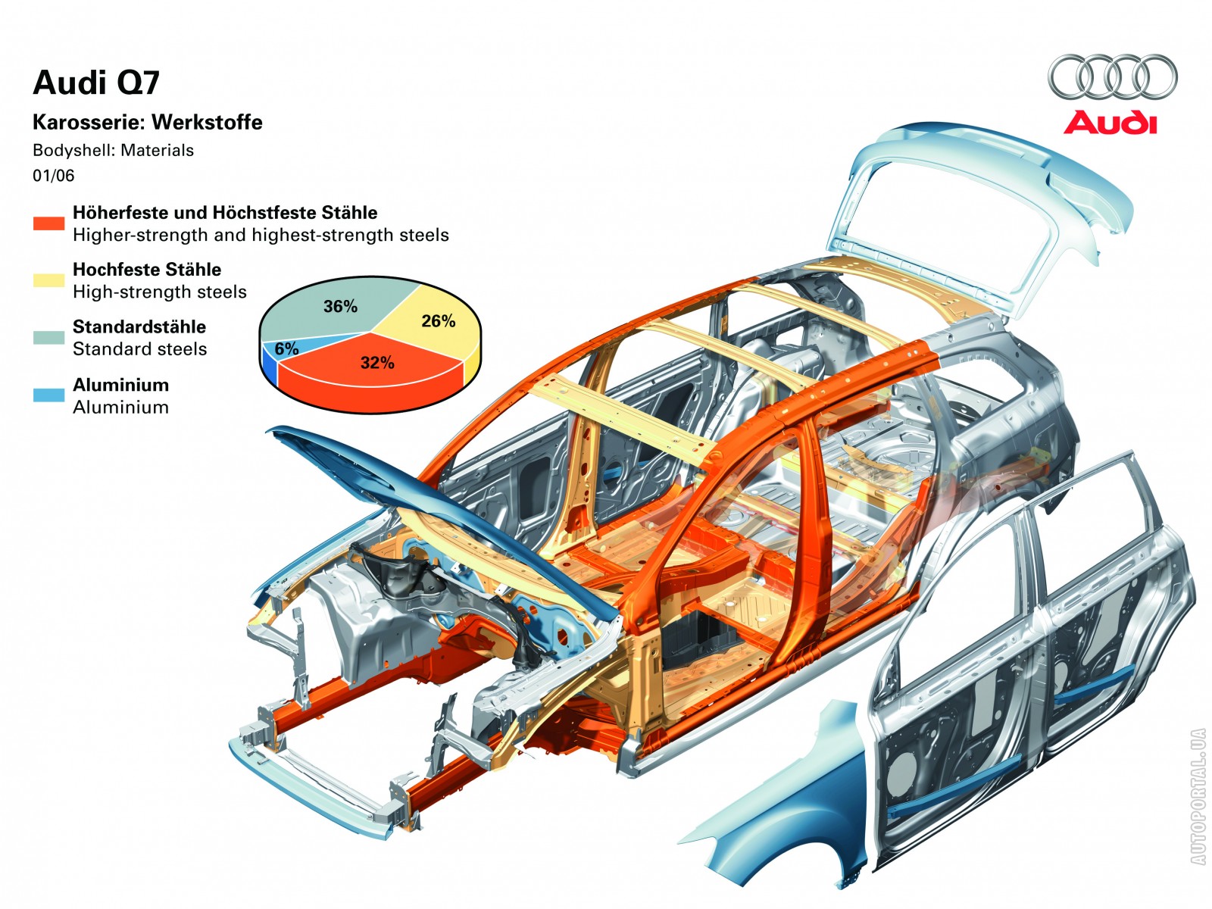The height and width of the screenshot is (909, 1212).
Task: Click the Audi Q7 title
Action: pos(96,83)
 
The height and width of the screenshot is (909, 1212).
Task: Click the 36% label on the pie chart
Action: pos(340,307)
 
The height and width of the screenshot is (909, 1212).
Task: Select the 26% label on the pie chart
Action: pos(438,321)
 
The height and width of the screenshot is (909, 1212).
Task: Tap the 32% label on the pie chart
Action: pos(377,363)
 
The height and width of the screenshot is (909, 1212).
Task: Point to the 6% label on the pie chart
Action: pos(286,349)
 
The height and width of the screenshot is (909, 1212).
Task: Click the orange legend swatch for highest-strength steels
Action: pos(48,223)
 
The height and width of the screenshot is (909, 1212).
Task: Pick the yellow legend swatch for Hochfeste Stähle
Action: pos(48,280)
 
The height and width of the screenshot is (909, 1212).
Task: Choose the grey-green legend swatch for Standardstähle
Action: pos(48,338)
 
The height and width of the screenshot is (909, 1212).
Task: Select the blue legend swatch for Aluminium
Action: pos(48,395)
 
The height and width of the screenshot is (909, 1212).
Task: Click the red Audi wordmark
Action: pos(1110,123)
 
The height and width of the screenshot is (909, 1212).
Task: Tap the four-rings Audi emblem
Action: pos(1112,77)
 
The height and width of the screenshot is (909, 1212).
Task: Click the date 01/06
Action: pos(53,176)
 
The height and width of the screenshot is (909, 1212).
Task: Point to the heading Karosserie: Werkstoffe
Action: pos(147,123)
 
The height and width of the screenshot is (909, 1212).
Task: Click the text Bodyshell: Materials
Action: pos(113,150)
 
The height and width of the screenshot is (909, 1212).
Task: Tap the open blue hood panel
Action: pos(424,492)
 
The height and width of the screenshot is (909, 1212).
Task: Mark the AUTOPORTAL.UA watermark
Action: pos(1198,796)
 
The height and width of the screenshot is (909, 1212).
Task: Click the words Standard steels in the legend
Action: pos(139,349)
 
